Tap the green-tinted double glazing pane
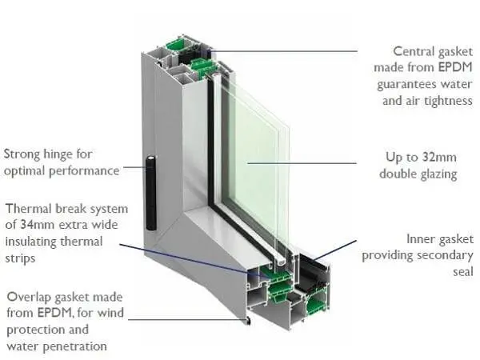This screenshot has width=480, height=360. point(256,160)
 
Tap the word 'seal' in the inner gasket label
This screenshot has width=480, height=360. point(462,272)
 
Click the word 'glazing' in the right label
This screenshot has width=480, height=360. point(439,174)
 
